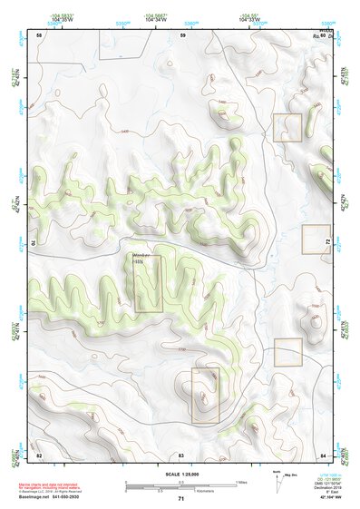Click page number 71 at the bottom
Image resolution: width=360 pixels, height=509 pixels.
tap(180, 498)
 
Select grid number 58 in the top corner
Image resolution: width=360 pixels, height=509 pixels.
tap(38, 34)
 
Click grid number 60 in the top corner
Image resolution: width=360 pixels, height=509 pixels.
tap(323, 34)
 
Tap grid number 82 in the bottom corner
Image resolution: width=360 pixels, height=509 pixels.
tap(38, 455)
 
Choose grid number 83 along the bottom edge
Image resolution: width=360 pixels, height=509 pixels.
tap(181, 455)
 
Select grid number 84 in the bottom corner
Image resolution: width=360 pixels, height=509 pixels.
tap(323, 455)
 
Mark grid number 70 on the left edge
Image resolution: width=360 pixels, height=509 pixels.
tap(34, 243)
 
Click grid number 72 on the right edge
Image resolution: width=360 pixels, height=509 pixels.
tap(327, 243)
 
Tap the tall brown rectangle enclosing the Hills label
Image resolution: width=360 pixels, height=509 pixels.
tap(148, 284)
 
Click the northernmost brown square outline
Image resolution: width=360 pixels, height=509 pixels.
tap(287, 127)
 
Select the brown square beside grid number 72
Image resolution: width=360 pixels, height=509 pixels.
tap(316, 239)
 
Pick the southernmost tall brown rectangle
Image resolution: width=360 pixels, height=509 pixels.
tap(205, 396)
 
